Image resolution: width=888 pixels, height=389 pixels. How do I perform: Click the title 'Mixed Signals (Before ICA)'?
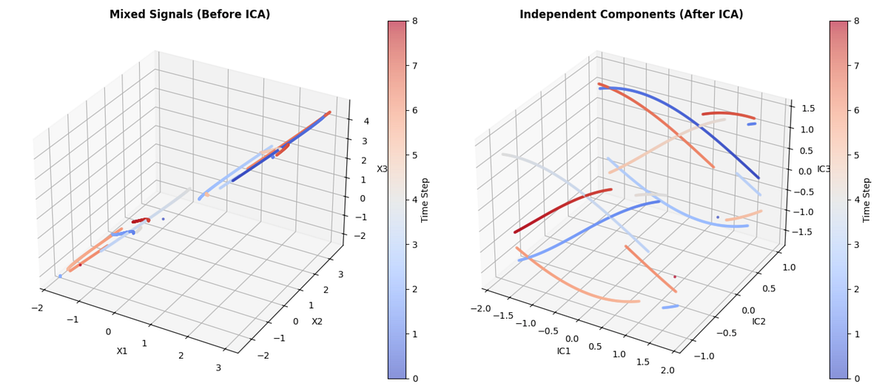tap(189, 15)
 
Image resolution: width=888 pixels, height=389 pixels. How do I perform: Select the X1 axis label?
tap(122, 351)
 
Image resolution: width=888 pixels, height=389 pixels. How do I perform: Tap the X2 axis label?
tap(317, 321)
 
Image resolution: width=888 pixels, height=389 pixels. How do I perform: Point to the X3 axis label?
tap(382, 169)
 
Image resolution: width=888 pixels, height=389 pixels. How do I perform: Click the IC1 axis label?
tap(564, 351)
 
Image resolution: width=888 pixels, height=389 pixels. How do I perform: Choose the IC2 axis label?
tap(758, 321)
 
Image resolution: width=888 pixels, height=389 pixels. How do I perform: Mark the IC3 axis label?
tap(824, 169)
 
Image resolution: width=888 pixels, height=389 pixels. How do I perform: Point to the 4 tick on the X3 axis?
tap(366, 121)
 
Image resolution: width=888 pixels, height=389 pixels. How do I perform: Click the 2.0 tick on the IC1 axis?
tap(667, 370)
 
